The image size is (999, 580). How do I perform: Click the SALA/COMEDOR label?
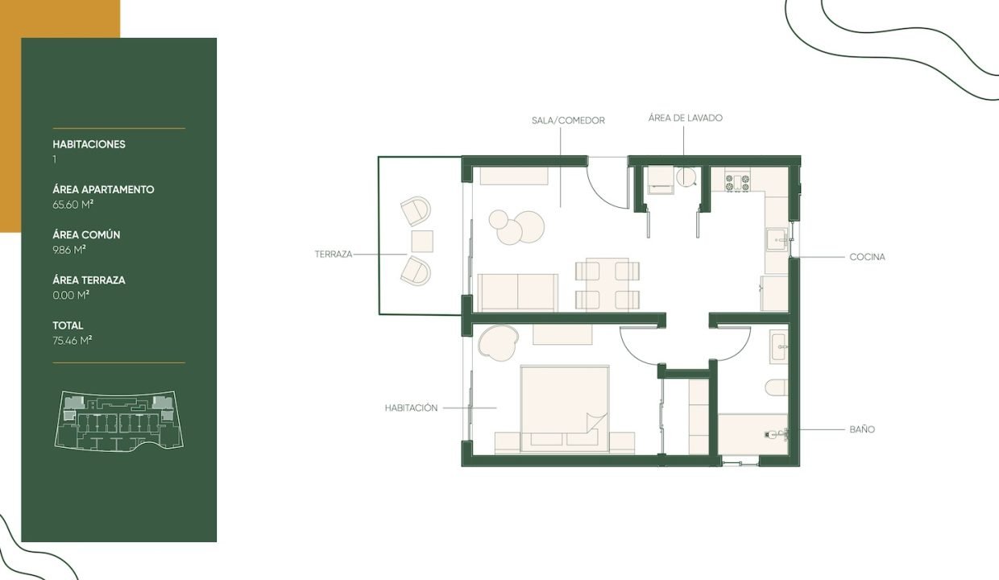(568, 120)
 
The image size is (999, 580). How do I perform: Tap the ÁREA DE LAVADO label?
(685, 118)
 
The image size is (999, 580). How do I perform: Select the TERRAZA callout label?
(334, 254)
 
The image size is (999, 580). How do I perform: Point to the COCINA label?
(867, 257)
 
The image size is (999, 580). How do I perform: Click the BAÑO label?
(862, 429)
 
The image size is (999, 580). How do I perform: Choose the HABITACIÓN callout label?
(411, 408)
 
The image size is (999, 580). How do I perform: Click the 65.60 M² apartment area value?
(73, 205)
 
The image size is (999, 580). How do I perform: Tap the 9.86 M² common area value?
(69, 250)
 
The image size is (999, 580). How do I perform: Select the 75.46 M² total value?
(73, 341)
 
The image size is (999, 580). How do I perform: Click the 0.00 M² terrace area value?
(71, 295)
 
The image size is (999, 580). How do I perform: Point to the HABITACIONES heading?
(89, 144)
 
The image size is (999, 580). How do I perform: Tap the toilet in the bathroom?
(777, 387)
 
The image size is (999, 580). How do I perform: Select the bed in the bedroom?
(565, 408)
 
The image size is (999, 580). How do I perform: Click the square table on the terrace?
(422, 241)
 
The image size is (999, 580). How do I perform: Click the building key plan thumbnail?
(118, 421)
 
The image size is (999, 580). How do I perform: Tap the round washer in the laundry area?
(686, 177)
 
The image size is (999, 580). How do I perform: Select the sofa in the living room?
(517, 292)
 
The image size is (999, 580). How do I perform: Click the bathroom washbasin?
(779, 346)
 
